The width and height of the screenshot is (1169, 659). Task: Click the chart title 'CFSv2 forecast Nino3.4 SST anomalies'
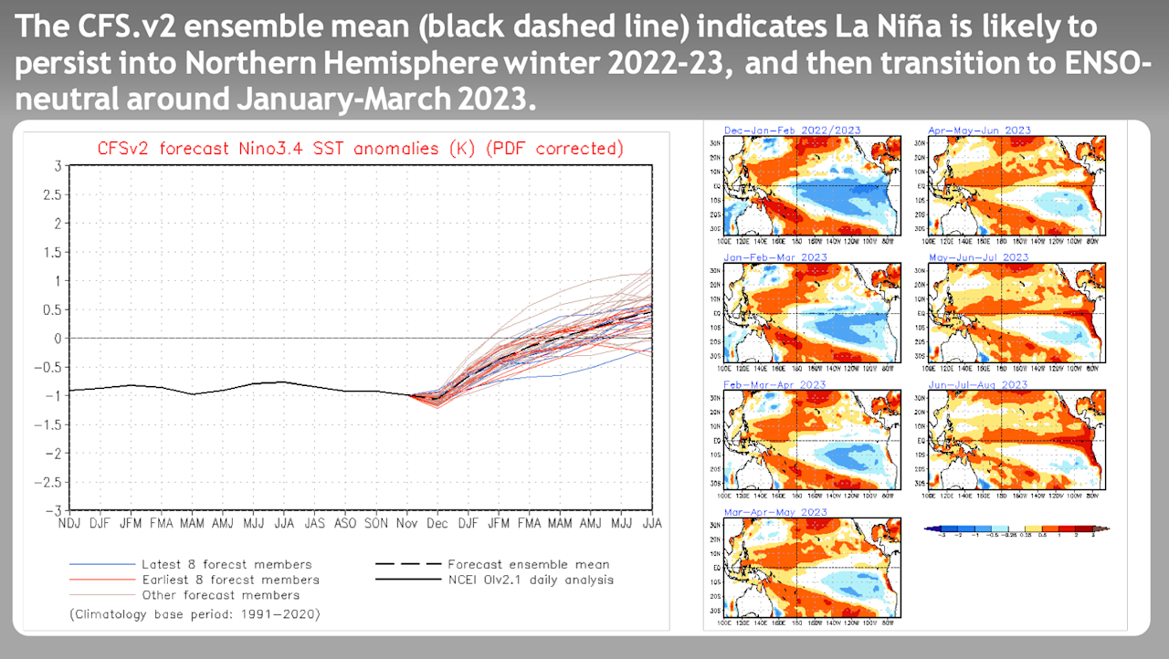360,148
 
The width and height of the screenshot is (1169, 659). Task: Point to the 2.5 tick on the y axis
57,194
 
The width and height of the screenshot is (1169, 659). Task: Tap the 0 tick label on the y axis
58,338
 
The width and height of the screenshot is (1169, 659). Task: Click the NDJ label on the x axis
70,524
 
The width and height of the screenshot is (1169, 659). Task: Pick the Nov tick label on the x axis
406,524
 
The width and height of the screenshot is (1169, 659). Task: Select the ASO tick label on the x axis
345,524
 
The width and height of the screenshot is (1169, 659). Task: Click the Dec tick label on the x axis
437,524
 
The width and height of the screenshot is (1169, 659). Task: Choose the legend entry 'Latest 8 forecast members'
226,564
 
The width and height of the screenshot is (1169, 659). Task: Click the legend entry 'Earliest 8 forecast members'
230,580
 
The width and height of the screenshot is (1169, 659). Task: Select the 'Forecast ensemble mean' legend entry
528,564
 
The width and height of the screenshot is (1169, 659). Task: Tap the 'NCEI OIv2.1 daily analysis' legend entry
530,580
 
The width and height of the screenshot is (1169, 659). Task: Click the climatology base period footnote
195,613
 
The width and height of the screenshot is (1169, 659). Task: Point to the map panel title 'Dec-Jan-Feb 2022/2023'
792,131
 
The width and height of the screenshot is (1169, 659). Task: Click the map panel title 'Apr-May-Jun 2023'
979,131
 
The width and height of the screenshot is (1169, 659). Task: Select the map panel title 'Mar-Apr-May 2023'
774,513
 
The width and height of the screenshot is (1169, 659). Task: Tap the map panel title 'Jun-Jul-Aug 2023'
979,385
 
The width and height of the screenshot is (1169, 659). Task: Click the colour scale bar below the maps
1016,528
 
